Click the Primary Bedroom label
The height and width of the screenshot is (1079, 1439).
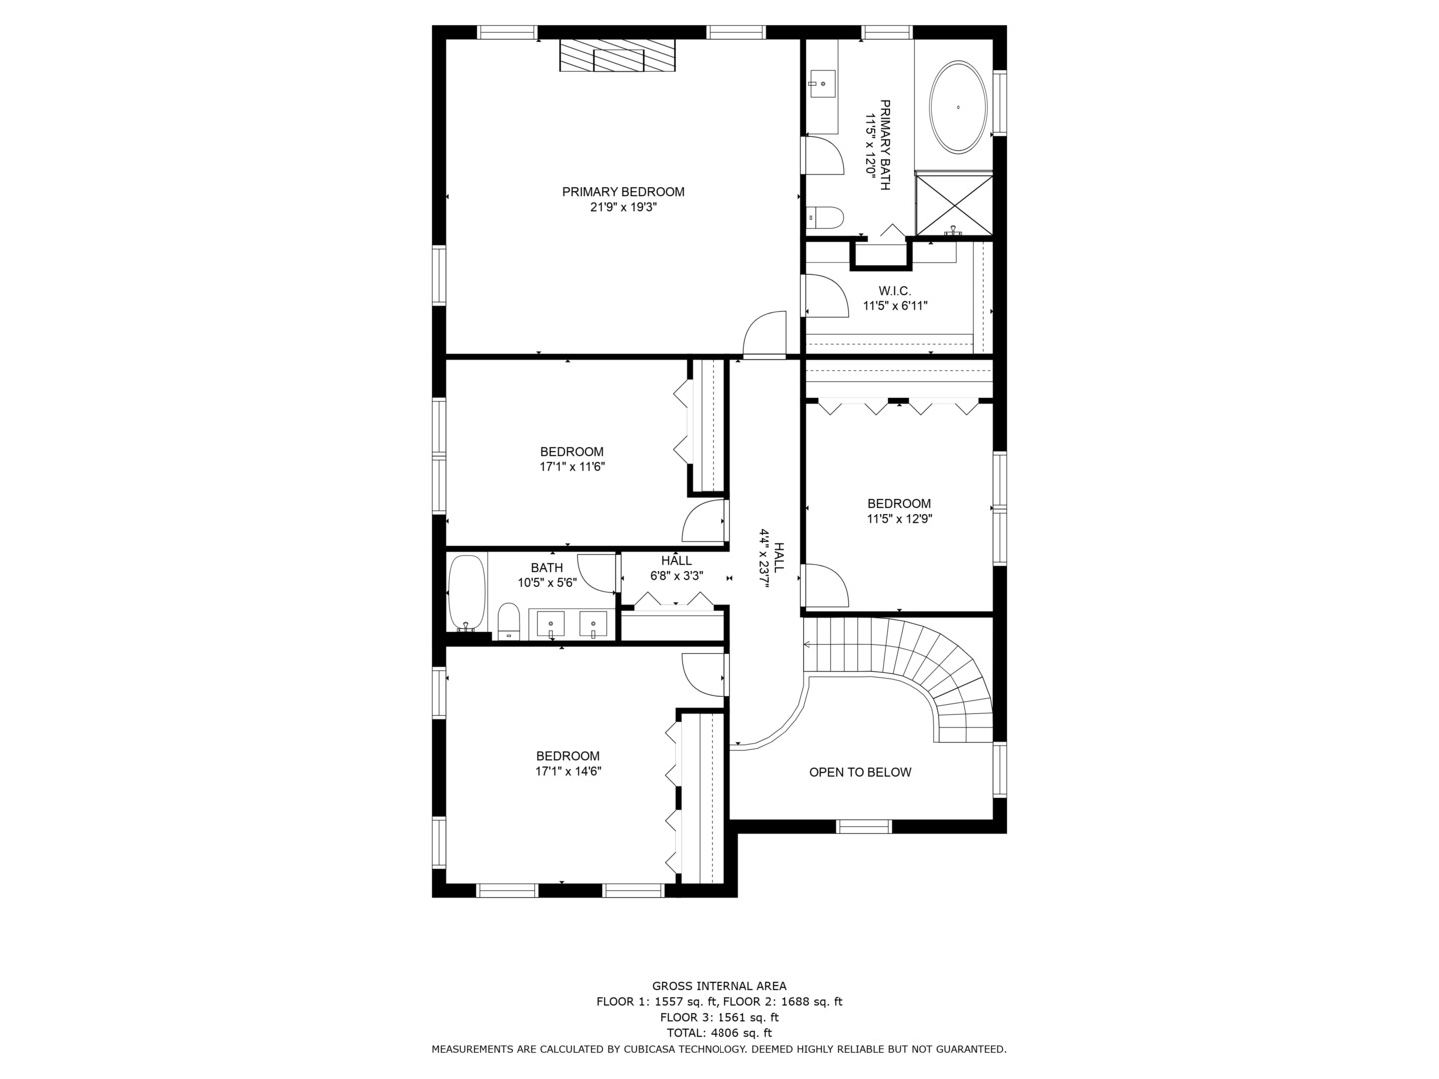pos(623,191)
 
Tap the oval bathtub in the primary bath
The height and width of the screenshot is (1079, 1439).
pos(959,108)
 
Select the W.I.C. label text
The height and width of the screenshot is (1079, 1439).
pos(894,290)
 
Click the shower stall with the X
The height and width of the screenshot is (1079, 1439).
pos(954,203)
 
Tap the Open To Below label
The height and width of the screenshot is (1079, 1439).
pos(860,772)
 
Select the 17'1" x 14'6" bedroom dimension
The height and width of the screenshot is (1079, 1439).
pos(568,771)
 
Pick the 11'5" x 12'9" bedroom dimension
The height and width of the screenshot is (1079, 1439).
pos(899,519)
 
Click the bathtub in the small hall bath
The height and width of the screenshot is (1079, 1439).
pos(466,593)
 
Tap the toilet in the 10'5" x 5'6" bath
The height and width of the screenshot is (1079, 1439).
pos(508,621)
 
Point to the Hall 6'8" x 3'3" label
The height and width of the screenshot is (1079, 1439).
pos(676,568)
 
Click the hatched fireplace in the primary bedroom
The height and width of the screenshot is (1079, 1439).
pos(617,56)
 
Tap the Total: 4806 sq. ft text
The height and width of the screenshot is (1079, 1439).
pos(719,1033)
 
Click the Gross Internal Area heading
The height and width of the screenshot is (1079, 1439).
pos(719,986)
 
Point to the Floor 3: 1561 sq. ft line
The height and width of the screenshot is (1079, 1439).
pos(719,1017)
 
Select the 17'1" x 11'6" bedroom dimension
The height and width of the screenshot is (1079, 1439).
pos(572,467)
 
